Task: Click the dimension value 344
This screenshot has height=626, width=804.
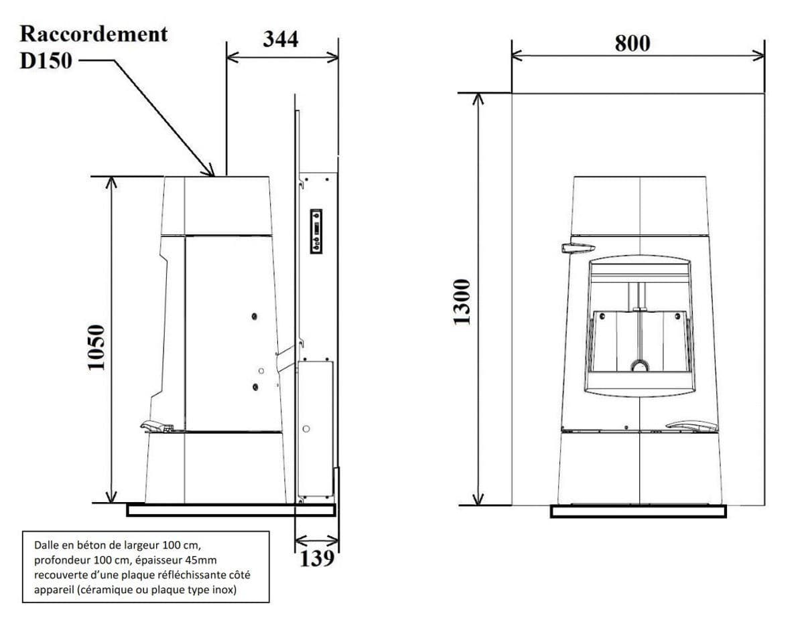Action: (280, 39)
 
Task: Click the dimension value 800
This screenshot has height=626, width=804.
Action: (632, 44)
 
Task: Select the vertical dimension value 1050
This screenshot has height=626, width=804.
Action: (96, 347)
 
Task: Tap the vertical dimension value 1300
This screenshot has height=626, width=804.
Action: (462, 302)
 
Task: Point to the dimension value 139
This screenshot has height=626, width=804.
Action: (317, 558)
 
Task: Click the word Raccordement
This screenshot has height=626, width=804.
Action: (94, 34)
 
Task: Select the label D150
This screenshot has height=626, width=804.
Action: (46, 61)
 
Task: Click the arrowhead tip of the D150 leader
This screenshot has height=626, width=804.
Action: (214, 176)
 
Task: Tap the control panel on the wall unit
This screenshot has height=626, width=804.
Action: (316, 232)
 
